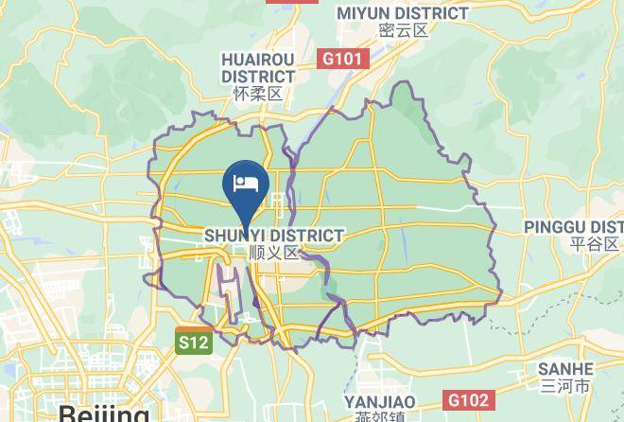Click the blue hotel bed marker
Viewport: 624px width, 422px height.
click(x=246, y=182)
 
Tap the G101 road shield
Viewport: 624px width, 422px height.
click(x=342, y=59)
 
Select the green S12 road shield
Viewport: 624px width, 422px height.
click(x=192, y=342)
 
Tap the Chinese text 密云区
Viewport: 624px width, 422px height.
click(x=403, y=30)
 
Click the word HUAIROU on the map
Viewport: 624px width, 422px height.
click(x=258, y=59)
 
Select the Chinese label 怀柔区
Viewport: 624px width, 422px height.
click(x=258, y=94)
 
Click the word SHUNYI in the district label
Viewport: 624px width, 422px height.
click(x=236, y=235)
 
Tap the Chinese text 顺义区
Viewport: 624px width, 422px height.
click(x=273, y=253)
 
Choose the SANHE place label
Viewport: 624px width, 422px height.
click(x=565, y=369)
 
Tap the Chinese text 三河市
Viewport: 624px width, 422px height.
click(x=565, y=386)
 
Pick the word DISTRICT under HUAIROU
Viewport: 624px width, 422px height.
click(x=258, y=76)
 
